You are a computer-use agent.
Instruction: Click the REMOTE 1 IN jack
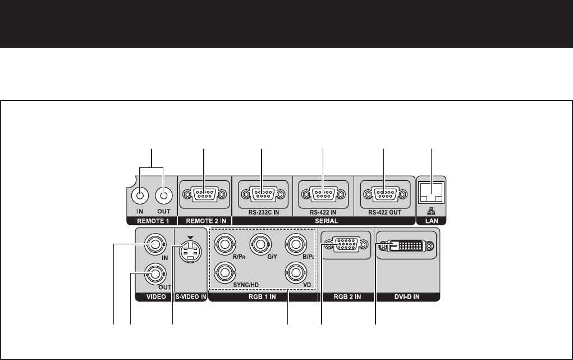(140, 195)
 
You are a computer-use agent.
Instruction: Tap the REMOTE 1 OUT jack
(163, 195)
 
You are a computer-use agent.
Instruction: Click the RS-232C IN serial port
(262, 195)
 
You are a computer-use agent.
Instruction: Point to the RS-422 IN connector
(323, 195)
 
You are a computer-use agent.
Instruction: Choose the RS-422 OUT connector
(383, 195)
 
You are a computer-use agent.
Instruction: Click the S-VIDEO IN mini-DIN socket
(189, 254)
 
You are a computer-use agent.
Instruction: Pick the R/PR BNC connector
(224, 244)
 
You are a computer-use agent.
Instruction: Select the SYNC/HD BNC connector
(224, 273)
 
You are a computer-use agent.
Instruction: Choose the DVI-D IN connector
(406, 245)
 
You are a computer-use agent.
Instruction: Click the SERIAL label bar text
(322, 222)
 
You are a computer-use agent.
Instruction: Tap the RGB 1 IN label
(262, 298)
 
